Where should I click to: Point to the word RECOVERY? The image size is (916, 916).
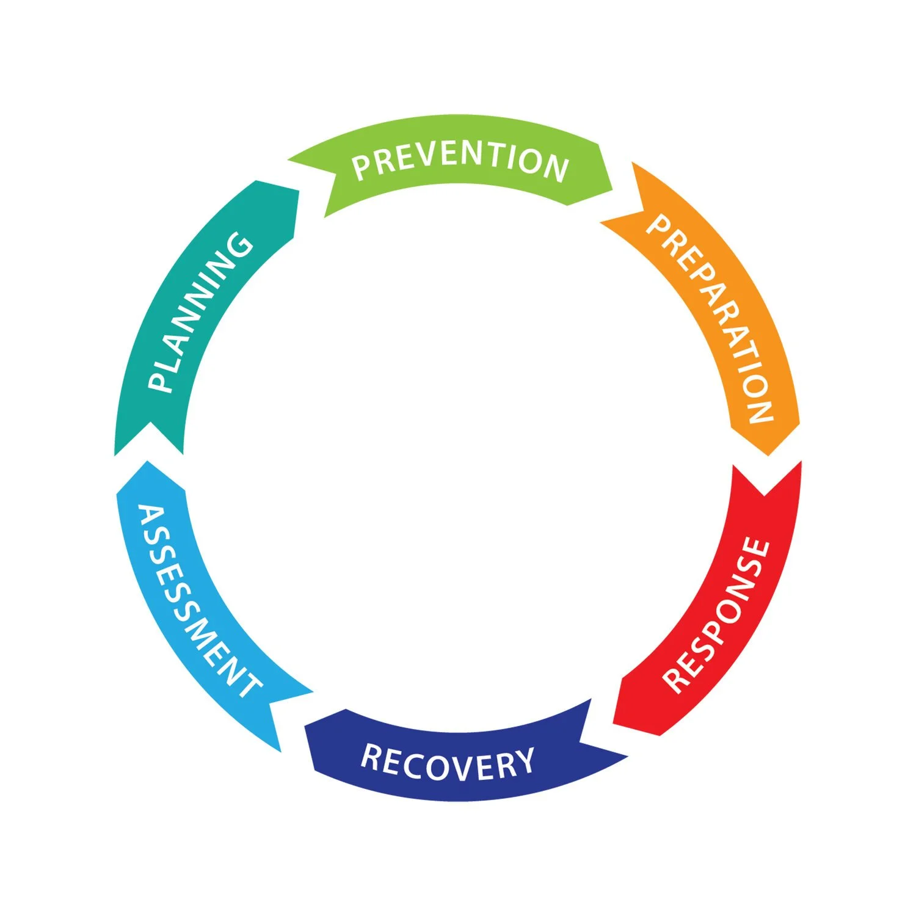pyautogui.click(x=448, y=762)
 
